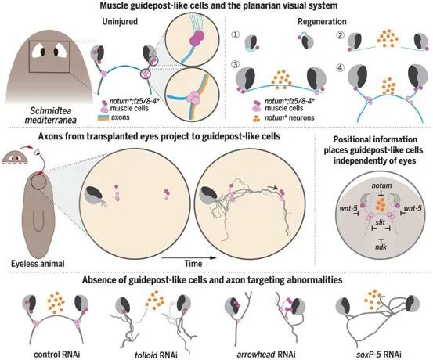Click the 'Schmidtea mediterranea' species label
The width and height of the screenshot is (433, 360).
pyautogui.click(x=51, y=115)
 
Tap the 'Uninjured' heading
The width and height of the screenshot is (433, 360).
pyautogui.click(x=120, y=22)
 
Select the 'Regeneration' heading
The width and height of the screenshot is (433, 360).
pyautogui.click(x=322, y=22)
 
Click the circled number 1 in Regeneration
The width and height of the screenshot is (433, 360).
pyautogui.click(x=236, y=34)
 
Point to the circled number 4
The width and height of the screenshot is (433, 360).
pyautogui.click(x=341, y=67)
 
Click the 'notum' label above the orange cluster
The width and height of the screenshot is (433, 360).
pyautogui.click(x=381, y=185)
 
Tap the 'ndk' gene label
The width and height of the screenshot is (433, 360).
pyautogui.click(x=381, y=247)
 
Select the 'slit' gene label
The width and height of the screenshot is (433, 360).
pyautogui.click(x=381, y=222)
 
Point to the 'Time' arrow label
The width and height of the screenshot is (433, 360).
pyautogui.click(x=193, y=264)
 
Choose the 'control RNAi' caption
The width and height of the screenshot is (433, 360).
pyautogui.click(x=57, y=355)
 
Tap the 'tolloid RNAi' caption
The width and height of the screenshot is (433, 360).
pyautogui.click(x=156, y=355)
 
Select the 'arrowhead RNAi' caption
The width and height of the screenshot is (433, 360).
pyautogui.click(x=266, y=355)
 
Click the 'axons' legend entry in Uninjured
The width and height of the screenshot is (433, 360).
pyautogui.click(x=114, y=117)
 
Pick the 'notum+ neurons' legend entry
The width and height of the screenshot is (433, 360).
pyautogui.click(x=283, y=118)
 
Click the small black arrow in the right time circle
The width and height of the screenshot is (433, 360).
pyautogui.click(x=273, y=187)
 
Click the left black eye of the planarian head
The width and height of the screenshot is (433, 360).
pyautogui.click(x=43, y=52)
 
